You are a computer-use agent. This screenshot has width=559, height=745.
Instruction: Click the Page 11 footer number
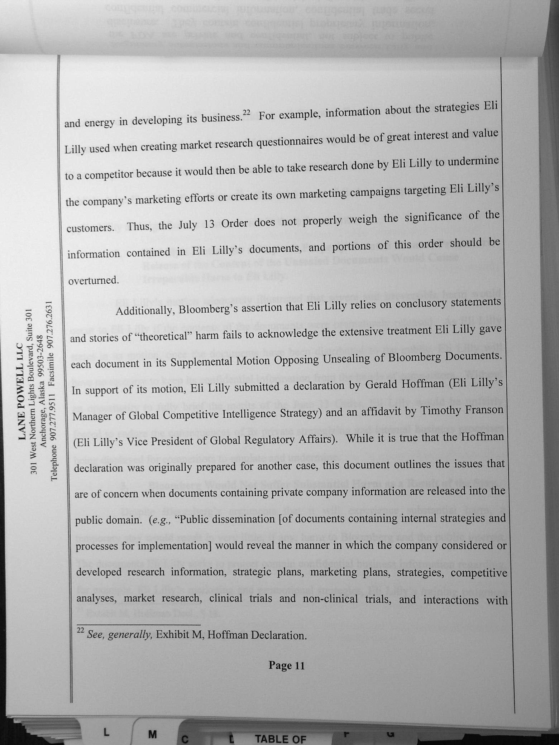point(286,665)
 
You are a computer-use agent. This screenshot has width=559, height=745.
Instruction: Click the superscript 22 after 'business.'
point(246,112)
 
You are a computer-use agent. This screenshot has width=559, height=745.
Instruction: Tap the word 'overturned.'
point(93,280)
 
